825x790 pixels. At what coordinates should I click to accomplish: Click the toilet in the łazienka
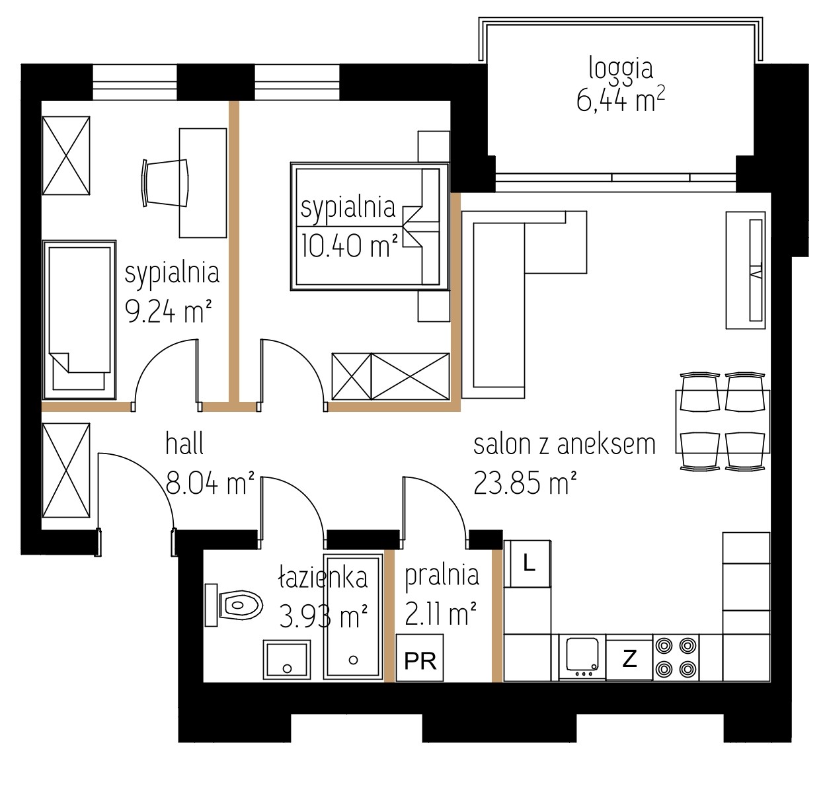point(233,605)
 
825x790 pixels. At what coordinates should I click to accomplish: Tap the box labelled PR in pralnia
point(420,658)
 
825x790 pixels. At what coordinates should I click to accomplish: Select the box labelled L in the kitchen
point(528,563)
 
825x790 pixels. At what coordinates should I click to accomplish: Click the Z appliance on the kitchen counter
point(629,658)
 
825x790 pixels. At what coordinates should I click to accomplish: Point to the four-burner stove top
point(676,658)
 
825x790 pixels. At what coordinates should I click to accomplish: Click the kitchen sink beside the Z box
point(582,658)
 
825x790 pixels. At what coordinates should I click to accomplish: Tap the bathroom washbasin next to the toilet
point(287,658)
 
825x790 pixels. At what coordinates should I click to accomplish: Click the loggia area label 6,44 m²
point(620,100)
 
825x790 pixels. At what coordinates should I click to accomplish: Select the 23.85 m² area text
point(525,483)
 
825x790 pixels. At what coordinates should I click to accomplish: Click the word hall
point(184,444)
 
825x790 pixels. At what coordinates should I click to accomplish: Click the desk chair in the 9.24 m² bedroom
point(165,183)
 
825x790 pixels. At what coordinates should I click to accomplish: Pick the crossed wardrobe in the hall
point(66,470)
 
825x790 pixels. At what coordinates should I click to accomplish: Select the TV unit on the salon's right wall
point(746,270)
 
